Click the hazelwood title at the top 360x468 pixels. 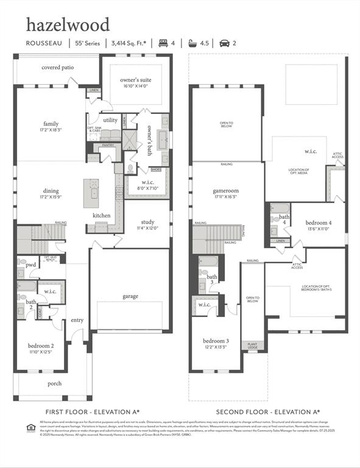[x=68, y=25]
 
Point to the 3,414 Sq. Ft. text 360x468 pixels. [x=129, y=43]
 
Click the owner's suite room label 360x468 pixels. [x=135, y=80]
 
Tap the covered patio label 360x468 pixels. [x=58, y=68]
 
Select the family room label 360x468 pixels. [x=51, y=124]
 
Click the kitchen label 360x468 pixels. [x=101, y=216]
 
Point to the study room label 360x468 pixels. [x=147, y=222]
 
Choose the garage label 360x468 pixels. [x=130, y=296]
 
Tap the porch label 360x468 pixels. [x=55, y=383]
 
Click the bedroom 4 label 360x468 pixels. [x=318, y=223]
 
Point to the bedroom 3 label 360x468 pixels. [x=215, y=341]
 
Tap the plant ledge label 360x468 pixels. [x=252, y=346]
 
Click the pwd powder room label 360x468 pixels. [x=30, y=265]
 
